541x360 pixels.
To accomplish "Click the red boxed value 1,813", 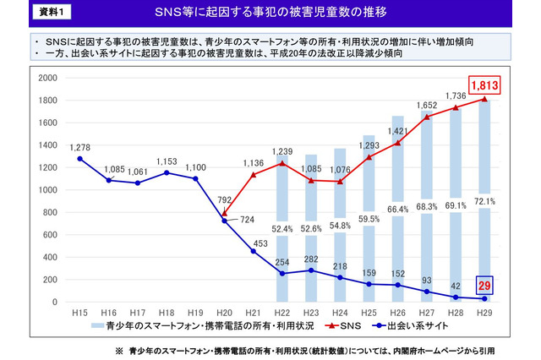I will point(491,84).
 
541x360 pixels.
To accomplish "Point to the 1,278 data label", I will point(80,146).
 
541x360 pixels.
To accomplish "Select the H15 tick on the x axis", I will point(80,312).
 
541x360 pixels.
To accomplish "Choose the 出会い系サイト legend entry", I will point(406,325).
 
